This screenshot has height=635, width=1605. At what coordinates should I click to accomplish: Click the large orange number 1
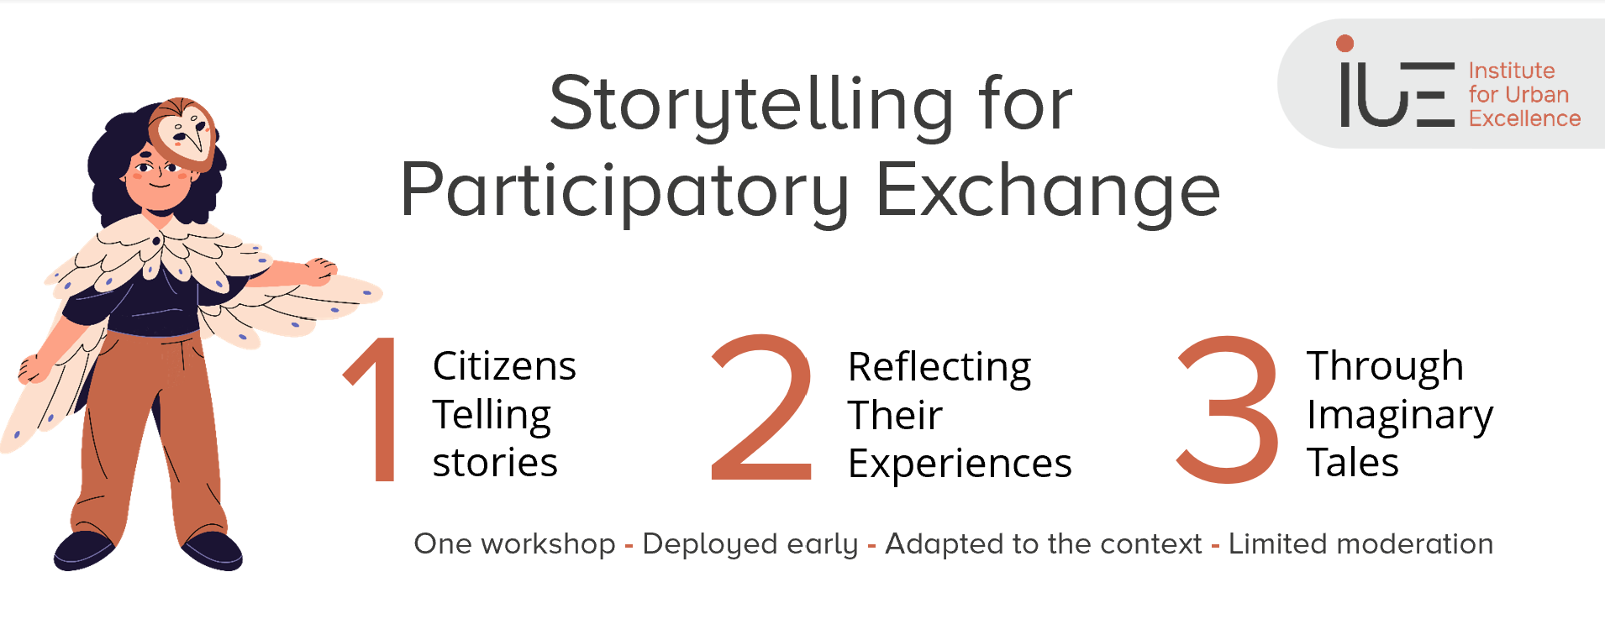[374, 408]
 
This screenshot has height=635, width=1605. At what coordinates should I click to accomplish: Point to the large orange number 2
[762, 407]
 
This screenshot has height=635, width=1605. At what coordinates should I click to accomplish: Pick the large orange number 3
[1228, 409]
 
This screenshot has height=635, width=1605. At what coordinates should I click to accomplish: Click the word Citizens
[504, 366]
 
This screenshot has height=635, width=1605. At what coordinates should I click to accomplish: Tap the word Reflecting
[939, 368]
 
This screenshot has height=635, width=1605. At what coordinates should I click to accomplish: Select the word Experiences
[960, 464]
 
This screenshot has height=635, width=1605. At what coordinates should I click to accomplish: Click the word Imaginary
[1400, 417]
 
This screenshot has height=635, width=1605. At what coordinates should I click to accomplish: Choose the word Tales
[1353, 463]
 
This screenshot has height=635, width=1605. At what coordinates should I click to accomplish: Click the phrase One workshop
[515, 544]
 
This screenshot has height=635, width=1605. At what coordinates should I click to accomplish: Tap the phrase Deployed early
[750, 545]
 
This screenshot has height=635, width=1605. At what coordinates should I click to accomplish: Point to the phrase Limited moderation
[1361, 544]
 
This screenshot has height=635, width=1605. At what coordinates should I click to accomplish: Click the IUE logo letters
[1397, 93]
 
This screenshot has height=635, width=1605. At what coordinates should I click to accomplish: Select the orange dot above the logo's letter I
[1345, 43]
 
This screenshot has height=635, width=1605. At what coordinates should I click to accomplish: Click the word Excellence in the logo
[1525, 118]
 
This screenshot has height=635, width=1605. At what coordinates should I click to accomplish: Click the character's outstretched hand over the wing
[320, 270]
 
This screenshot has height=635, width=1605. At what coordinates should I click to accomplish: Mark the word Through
[1386, 368]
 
